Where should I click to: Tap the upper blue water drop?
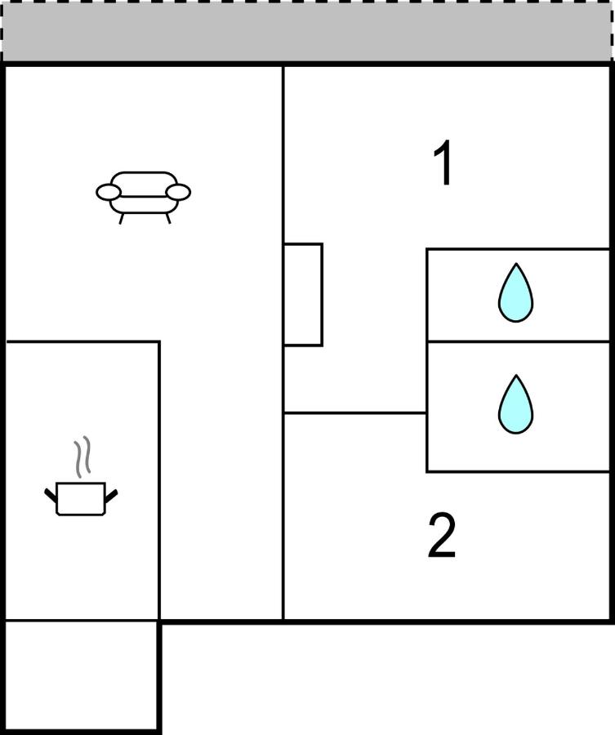tap(515, 293)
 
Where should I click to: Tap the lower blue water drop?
tap(515, 404)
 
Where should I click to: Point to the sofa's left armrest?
tap(109, 192)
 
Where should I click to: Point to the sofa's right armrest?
tap(178, 192)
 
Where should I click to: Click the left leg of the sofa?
tap(121, 219)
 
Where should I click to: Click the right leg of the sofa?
tap(167, 218)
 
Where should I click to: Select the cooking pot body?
tap(81, 499)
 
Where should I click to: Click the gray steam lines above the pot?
tap(82, 457)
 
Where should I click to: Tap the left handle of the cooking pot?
tap(51, 495)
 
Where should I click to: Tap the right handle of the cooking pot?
tap(111, 496)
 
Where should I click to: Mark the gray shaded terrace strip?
tap(307, 31)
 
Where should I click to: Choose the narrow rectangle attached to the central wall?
tap(303, 294)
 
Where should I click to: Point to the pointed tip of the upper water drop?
tap(515, 264)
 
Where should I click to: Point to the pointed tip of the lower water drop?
tap(515, 375)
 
